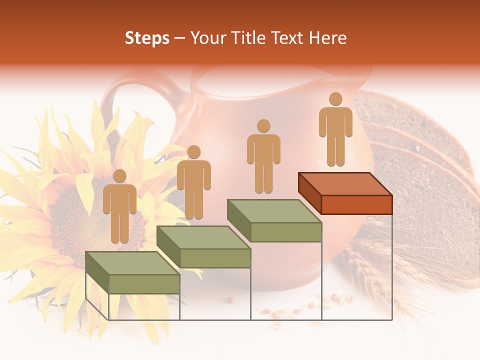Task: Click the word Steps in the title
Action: pos(147,38)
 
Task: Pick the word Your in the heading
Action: pos(206,38)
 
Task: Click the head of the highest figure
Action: pos(335,99)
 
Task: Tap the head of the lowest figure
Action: pos(119,176)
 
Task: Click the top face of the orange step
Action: pos(345,183)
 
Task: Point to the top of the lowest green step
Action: pos(132,263)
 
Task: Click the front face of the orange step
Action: pos(356,204)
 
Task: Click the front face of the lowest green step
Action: pos(144,284)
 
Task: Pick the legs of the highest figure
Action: pos(335,150)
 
